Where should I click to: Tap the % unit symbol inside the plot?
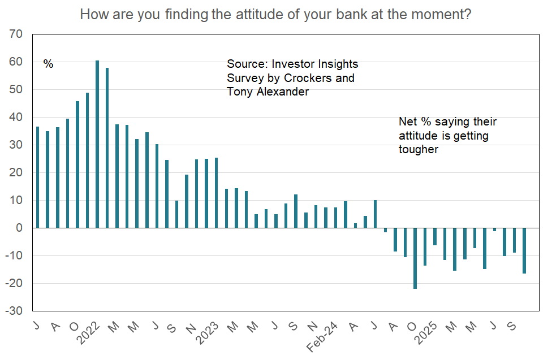click(48, 64)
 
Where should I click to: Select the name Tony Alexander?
click(268, 92)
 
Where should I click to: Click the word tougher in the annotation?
click(419, 149)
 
